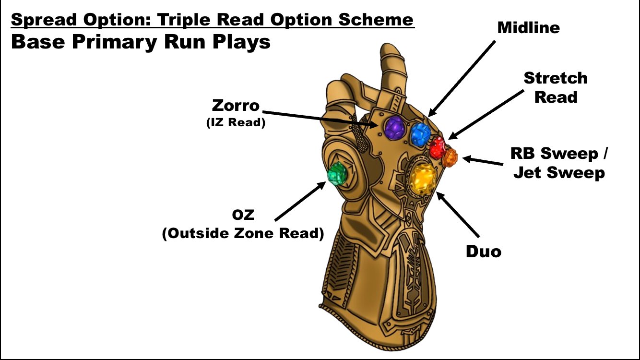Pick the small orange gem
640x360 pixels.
click(x=450, y=157)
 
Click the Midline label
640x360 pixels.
click(x=528, y=27)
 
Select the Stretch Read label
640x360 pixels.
click(x=555, y=87)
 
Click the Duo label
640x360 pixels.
click(x=484, y=251)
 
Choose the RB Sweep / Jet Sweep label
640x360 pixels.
click(x=559, y=163)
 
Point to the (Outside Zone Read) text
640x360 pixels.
click(x=243, y=233)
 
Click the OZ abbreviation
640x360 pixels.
click(x=243, y=215)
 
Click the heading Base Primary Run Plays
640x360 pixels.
click(x=141, y=42)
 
